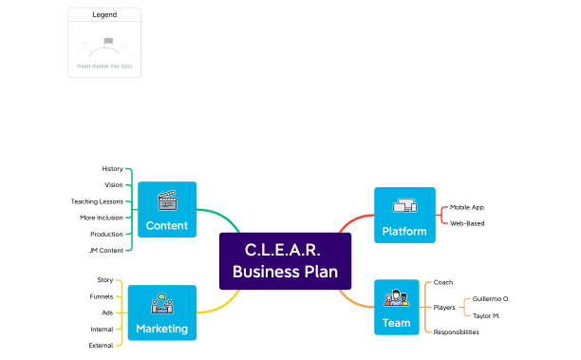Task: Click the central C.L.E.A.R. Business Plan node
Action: [x=285, y=261]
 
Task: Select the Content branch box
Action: [x=166, y=209]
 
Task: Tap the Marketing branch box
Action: [x=161, y=313]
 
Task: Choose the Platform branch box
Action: [x=404, y=215]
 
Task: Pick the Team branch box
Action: [x=396, y=307]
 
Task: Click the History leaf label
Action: [x=112, y=168]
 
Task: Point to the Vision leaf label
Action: [x=113, y=184]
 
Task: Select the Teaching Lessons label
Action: [x=97, y=201]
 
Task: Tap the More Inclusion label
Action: [x=102, y=218]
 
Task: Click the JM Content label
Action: [x=105, y=250]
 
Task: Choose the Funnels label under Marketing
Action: [x=102, y=296]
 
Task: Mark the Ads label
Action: [x=107, y=313]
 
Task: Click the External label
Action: [x=101, y=345]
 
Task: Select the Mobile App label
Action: [x=467, y=207]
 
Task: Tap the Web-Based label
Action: [x=467, y=223]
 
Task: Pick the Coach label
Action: [x=443, y=282]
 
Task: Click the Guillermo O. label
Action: [x=491, y=299]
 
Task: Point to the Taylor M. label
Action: [x=486, y=315]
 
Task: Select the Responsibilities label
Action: [x=456, y=332]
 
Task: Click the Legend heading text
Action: [x=104, y=15]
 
